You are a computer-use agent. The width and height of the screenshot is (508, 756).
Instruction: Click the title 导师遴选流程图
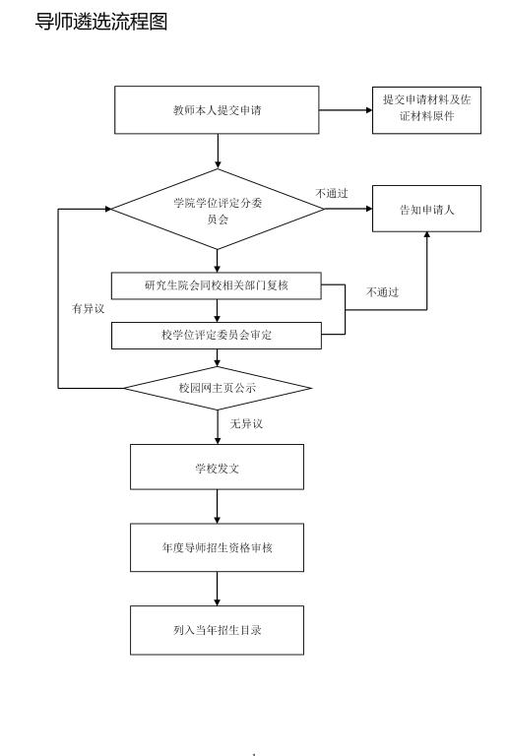(101, 22)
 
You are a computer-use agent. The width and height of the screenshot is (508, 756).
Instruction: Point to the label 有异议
(89, 308)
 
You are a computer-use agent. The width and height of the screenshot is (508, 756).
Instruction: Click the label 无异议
(246, 424)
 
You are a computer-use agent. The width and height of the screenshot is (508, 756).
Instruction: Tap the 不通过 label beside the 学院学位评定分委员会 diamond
(332, 193)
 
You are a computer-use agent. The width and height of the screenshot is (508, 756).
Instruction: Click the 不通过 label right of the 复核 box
(383, 292)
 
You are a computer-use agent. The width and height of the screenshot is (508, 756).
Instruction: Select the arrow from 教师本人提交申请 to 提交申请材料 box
(346, 110)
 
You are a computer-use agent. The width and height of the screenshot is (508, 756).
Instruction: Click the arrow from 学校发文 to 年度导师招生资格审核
(217, 507)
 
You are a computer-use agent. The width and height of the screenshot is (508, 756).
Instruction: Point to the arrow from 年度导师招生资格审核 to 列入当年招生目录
(217, 590)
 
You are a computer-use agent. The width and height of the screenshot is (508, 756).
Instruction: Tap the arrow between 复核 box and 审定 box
(217, 311)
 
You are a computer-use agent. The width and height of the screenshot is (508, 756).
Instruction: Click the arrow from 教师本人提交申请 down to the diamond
(218, 152)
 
